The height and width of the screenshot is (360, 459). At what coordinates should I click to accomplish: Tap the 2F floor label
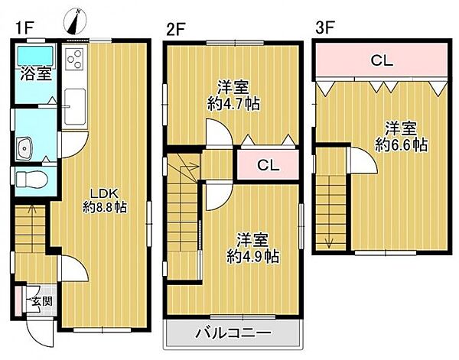(176, 30)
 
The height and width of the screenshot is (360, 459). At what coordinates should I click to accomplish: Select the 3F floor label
(324, 30)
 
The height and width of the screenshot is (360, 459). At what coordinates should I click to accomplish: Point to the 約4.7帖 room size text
(233, 103)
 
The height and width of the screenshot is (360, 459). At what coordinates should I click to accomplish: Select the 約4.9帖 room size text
(252, 257)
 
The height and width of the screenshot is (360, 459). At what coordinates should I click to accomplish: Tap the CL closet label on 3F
(382, 60)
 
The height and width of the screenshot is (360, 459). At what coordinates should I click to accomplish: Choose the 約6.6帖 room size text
(401, 144)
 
